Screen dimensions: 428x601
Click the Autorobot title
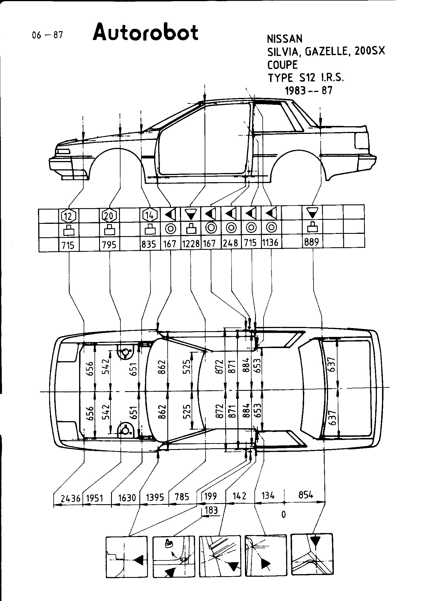145,33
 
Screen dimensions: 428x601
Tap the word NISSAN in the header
284,39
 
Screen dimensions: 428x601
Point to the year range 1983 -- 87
309,91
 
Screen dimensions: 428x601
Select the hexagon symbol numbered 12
69,216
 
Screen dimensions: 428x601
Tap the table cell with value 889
312,242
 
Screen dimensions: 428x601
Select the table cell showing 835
149,244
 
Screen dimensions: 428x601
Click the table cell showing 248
231,243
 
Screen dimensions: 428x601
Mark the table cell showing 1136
270,243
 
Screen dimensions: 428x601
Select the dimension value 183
211,510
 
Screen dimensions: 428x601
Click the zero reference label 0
284,514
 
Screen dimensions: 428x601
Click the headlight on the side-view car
63,152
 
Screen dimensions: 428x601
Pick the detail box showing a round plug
174,557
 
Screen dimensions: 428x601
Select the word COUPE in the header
282,65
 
